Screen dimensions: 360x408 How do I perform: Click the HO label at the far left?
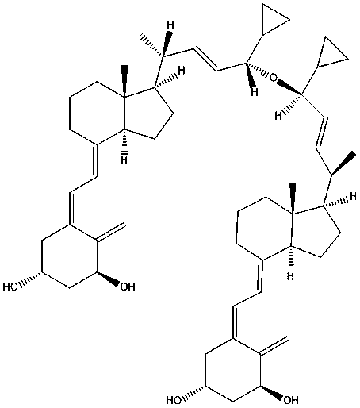tap(10, 287)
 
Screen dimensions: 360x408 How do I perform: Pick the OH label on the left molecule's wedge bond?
tap(128, 287)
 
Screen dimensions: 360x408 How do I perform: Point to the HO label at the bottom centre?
tap(174, 400)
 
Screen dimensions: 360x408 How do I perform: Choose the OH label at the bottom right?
tap(291, 400)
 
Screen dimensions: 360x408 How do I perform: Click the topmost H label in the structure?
tap(170, 25)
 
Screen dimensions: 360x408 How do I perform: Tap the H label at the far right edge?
tap(353, 197)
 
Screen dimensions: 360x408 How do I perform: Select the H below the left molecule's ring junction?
tap(124, 160)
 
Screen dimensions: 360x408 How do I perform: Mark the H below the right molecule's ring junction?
tap(291, 276)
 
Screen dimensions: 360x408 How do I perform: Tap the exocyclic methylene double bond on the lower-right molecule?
tap(274, 345)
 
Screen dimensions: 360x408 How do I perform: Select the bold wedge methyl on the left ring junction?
tap(124, 81)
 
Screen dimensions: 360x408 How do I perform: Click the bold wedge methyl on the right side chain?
tap(343, 163)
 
